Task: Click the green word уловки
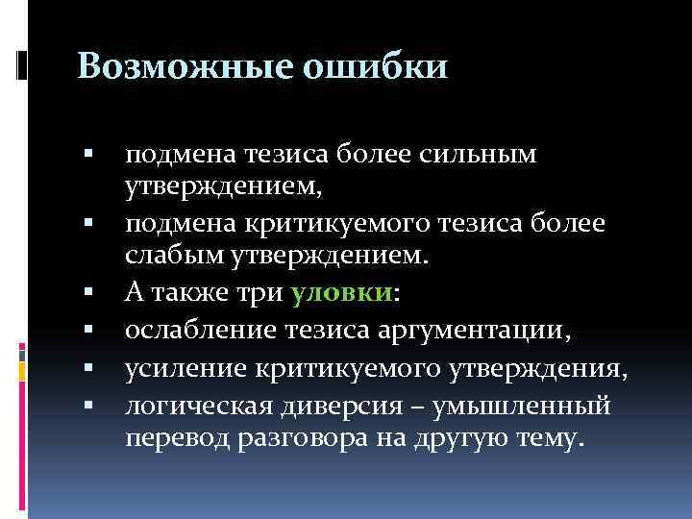tap(340, 291)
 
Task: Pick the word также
tap(197, 291)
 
